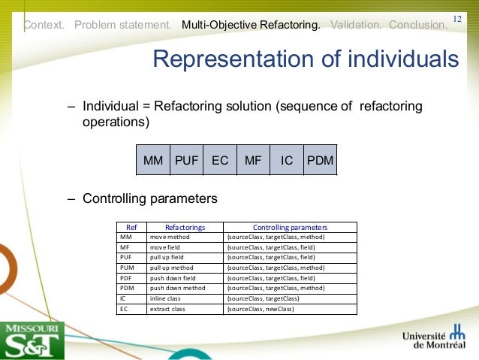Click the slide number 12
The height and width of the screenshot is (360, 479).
point(457,17)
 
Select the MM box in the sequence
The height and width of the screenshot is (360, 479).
point(153,160)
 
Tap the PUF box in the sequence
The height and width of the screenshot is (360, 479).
point(186,160)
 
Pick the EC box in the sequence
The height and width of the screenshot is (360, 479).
point(220,160)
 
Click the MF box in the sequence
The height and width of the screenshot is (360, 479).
point(253,160)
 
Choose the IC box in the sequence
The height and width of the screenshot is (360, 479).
point(287,160)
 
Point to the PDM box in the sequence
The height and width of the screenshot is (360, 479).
point(320,160)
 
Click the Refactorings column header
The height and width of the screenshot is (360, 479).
point(185,227)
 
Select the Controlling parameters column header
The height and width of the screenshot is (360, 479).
point(290,227)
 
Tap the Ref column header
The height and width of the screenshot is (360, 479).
point(131,227)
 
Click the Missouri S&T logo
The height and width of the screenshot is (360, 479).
point(32,340)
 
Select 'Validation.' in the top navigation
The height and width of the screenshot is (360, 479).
point(355,25)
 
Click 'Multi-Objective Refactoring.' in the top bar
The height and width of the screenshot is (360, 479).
point(251,25)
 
